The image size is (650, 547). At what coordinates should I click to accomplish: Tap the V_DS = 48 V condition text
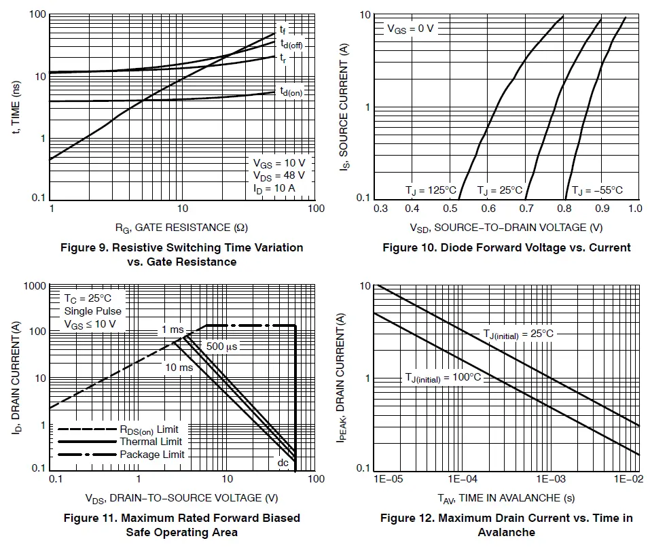278,175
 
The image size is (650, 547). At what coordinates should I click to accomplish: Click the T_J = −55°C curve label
596,190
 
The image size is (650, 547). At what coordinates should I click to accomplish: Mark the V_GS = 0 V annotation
410,29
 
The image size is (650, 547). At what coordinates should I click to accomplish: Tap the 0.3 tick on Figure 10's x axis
381,208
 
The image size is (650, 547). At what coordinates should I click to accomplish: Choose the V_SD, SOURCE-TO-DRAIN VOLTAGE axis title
506,227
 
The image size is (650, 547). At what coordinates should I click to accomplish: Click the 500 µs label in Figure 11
221,346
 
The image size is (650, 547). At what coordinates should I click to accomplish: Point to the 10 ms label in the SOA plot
179,368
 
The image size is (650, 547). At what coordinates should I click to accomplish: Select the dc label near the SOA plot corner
283,462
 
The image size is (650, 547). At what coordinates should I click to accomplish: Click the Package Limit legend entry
151,454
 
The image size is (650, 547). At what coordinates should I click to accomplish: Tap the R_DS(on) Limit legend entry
149,429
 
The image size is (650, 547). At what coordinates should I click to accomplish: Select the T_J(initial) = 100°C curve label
443,377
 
